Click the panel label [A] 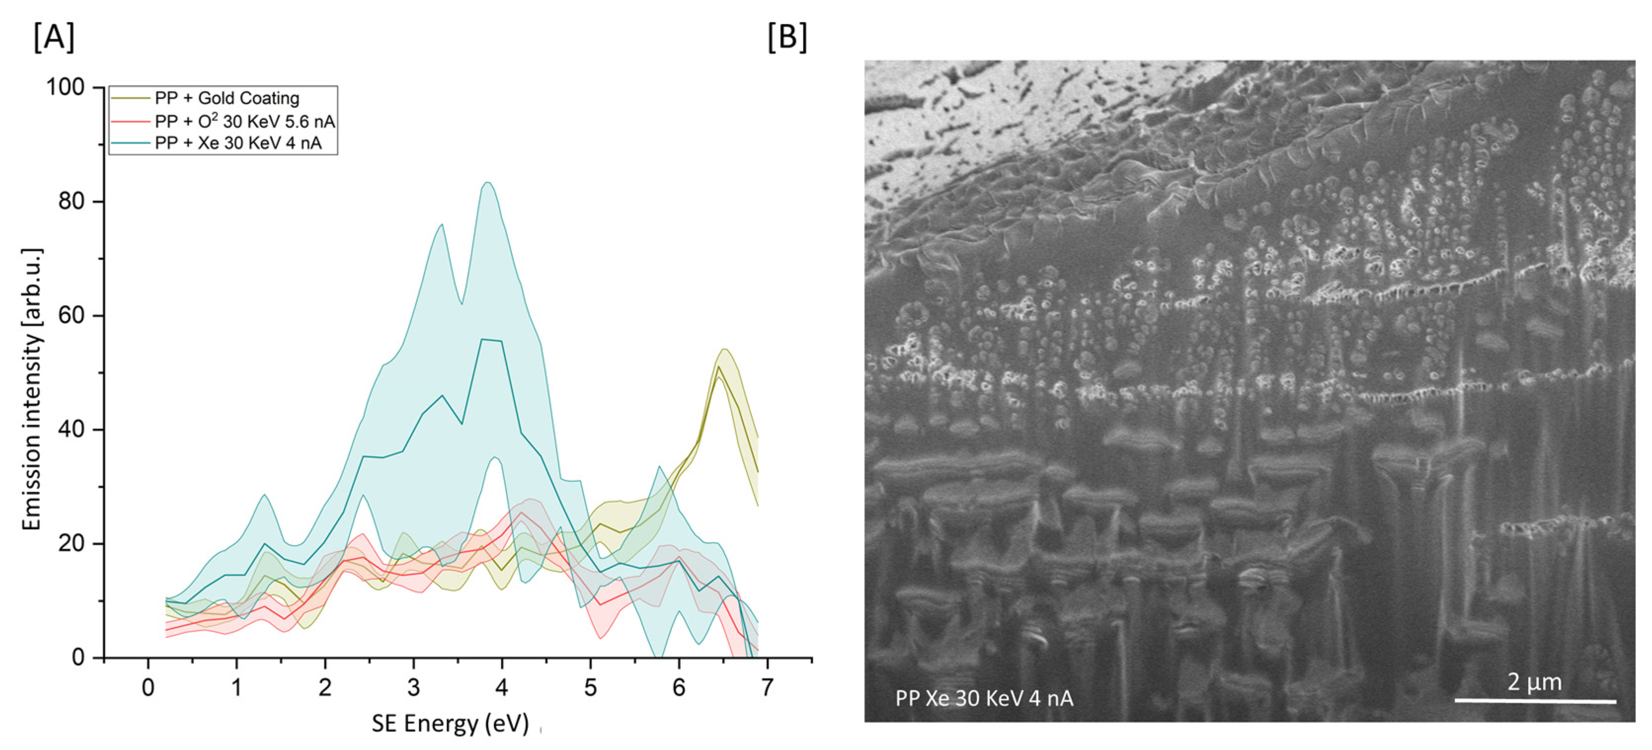point(54,37)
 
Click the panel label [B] point(787,37)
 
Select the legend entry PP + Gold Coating point(227,98)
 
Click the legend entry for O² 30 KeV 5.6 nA point(244,121)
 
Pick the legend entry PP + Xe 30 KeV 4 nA point(238,143)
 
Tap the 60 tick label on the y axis point(71,315)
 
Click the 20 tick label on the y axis point(71,544)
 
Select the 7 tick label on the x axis point(767,688)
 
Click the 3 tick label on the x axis point(414,688)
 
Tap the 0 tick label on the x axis point(148,688)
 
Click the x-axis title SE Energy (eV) point(450,723)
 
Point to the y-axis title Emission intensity point(32,389)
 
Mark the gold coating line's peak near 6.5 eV point(719,367)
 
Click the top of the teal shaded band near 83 point(487,183)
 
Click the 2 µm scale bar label point(1534,681)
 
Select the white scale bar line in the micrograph point(1534,701)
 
